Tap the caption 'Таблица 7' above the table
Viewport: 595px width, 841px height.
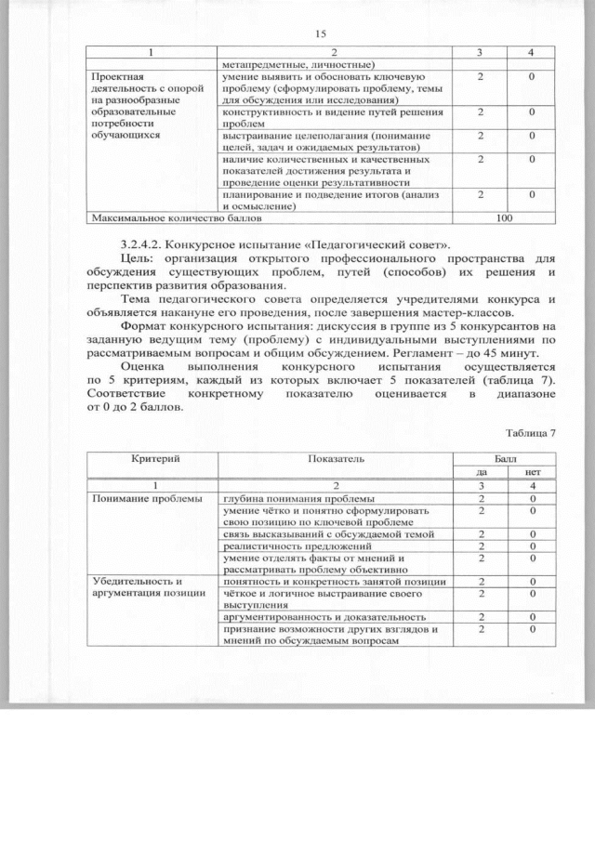(x=531, y=433)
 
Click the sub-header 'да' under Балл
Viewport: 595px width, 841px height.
(x=481, y=472)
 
